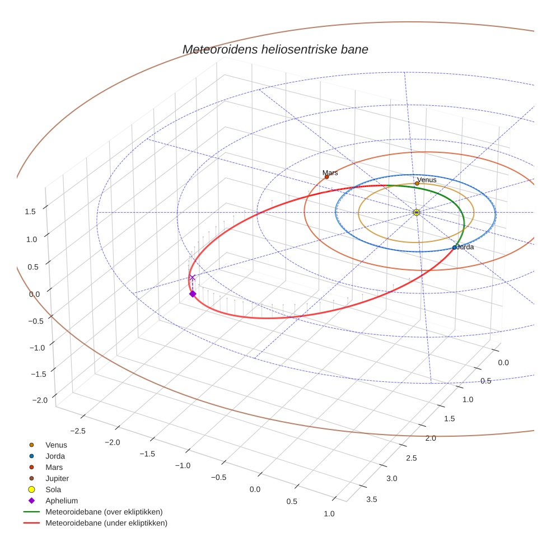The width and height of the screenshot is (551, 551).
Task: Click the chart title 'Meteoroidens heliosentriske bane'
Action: pos(275,49)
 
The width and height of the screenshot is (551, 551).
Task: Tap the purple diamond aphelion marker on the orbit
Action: pos(193,294)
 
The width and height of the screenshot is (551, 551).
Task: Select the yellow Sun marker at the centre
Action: pos(416,212)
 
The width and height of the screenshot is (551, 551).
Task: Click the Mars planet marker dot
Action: pos(327,177)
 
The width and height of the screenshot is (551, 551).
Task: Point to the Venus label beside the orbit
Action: pos(427,180)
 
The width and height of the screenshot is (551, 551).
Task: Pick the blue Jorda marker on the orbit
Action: pos(454,248)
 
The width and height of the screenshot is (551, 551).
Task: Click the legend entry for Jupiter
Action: pos(57,479)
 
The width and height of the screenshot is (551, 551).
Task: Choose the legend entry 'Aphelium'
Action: pos(62,501)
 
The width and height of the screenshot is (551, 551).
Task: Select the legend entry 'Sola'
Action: pos(53,490)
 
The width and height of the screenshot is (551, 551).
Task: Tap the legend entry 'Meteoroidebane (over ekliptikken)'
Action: pos(104,512)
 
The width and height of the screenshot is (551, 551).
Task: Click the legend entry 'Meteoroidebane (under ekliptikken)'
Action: pos(106,523)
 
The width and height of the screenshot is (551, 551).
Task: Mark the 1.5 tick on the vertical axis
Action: pos(30,211)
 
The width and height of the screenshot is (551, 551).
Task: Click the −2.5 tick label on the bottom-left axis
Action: pos(77,430)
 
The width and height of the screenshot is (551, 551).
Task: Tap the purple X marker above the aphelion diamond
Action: pos(192,277)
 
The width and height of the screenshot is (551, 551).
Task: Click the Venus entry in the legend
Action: pos(56,445)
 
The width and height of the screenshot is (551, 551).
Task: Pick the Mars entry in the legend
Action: pos(54,468)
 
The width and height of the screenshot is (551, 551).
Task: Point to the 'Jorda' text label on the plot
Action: pos(466,247)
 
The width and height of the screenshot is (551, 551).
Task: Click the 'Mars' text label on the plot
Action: pos(330,173)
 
